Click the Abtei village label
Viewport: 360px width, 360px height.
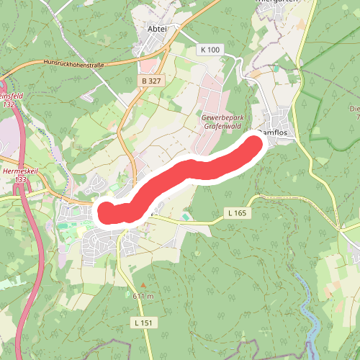click(156, 29)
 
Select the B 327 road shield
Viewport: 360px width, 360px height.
click(151, 81)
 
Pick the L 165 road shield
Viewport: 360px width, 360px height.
click(237, 213)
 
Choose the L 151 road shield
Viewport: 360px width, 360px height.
click(143, 323)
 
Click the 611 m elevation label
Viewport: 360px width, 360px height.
click(143, 296)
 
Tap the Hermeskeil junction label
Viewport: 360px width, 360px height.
click(19, 172)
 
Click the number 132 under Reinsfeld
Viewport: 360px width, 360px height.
click(9, 104)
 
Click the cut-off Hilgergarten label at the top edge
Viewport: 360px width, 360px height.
click(277, 2)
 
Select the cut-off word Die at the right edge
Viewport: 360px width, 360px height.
click(354, 109)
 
